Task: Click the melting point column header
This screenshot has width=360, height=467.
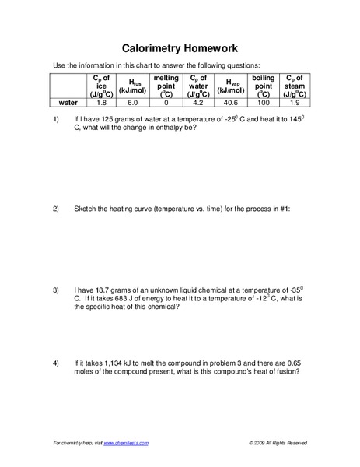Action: (166, 86)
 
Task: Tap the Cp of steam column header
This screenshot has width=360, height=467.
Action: (295, 86)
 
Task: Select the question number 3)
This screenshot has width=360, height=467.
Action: (56, 290)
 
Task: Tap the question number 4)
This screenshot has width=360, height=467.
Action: (56, 363)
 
